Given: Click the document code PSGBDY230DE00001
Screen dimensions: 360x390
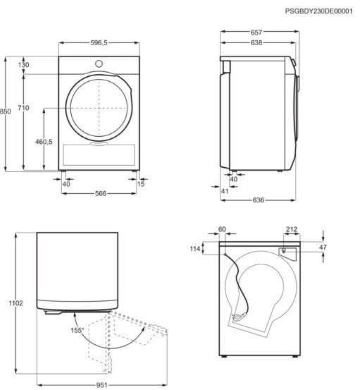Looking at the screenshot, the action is click(x=318, y=11).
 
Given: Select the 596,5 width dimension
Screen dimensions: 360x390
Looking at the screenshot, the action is click(x=99, y=43).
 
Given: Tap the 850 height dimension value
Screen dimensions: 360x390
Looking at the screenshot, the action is click(x=5, y=111).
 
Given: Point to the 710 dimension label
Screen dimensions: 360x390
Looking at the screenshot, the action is click(x=23, y=108).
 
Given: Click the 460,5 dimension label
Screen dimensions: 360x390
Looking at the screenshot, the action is click(x=44, y=142).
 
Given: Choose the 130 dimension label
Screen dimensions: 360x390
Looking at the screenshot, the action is click(x=23, y=65).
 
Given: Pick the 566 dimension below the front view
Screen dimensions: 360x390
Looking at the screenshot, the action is click(x=100, y=193).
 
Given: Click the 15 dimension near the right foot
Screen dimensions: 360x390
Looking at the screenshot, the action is click(x=141, y=184).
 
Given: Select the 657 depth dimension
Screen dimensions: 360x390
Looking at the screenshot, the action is click(x=256, y=32).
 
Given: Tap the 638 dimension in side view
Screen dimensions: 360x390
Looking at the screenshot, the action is click(x=256, y=43).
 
